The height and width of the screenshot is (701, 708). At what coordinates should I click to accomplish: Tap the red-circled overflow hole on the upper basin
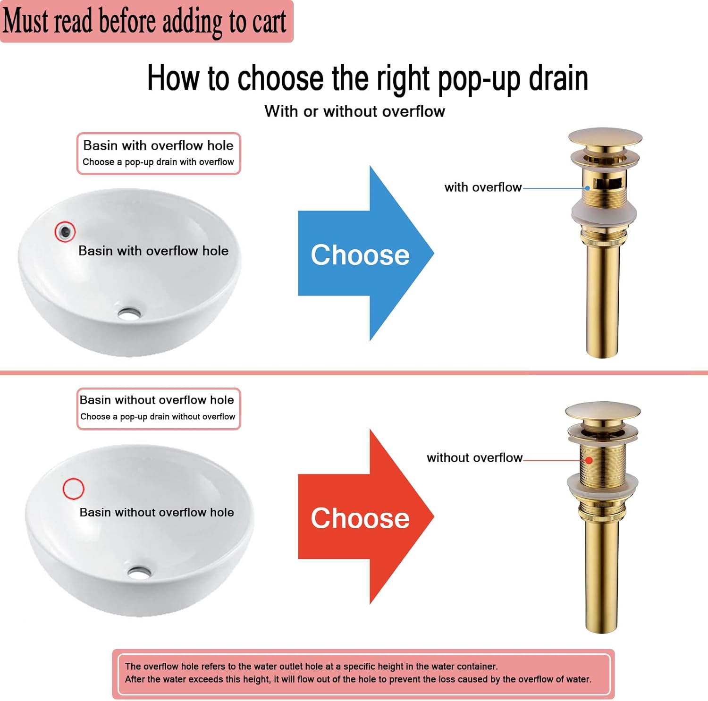point(65,231)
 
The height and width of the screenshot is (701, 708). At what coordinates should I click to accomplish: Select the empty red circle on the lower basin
point(73,489)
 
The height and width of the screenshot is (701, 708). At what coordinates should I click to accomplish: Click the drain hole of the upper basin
point(129,313)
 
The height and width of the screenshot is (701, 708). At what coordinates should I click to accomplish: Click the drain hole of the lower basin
point(139,573)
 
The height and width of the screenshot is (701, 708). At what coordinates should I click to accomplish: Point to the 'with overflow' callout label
point(482,187)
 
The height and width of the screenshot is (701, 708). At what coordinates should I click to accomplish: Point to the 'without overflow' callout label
point(474,458)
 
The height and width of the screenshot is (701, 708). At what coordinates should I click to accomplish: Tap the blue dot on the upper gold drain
point(588,188)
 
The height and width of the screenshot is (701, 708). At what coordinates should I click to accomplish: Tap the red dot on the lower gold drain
point(589,460)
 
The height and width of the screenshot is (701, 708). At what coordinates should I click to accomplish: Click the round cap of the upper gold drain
point(605,137)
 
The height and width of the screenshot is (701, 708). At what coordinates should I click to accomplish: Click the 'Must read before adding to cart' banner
point(145,21)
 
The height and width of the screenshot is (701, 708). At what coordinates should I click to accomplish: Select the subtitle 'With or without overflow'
point(354,111)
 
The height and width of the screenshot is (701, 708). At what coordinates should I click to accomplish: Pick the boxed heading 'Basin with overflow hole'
point(158,145)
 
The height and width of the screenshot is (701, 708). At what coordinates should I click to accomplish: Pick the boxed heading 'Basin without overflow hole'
point(157,400)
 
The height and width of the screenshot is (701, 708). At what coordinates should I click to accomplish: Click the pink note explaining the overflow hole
point(363,673)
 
